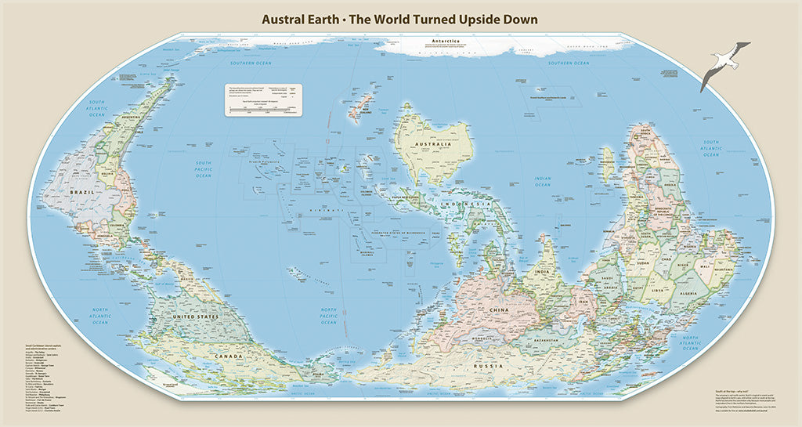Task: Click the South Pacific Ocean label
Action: pyautogui.click(x=204, y=170)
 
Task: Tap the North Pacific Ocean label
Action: pyautogui.click(x=328, y=317)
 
